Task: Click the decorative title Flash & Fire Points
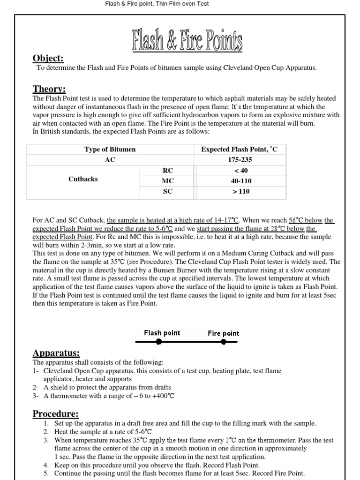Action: pos(187,41)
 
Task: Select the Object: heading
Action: pos(48,59)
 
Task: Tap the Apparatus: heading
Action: pos(55,353)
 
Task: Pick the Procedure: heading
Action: pos(55,414)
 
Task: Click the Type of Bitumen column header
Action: pos(110,150)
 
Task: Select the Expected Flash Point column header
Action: pos(239,150)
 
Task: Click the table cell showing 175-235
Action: pos(239,160)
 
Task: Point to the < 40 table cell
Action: pos(239,170)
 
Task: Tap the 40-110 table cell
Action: pos(239,180)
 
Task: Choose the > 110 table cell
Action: pos(239,191)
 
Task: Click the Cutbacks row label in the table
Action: pos(83,179)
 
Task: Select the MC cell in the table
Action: pos(167,180)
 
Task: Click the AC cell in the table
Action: pos(110,160)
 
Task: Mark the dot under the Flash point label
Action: pos(159,342)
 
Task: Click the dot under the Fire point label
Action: pos(223,342)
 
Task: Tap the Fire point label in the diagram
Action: pos(224,333)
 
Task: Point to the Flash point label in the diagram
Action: pos(162,333)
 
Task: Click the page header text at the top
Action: pos(157,4)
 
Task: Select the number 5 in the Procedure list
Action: pos(46,473)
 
